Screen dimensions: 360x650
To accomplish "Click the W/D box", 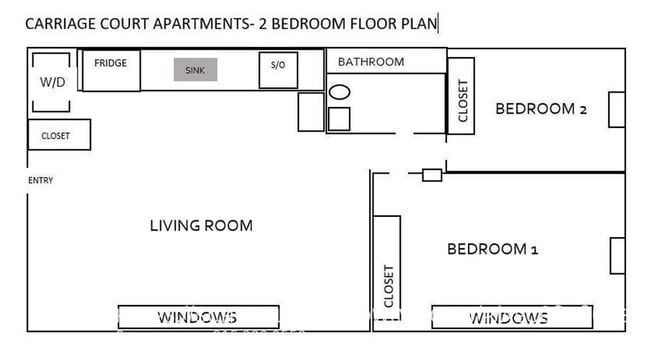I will point(53,82).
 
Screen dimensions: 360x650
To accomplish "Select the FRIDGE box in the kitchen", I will point(111,69).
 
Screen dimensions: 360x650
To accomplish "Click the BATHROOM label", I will point(371,62).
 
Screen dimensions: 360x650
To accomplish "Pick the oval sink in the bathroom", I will point(340,93).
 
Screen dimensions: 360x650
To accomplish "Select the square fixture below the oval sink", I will point(340,119).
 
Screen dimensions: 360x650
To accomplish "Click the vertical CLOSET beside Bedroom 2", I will point(462,102).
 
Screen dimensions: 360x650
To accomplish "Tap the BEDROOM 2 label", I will point(541,109).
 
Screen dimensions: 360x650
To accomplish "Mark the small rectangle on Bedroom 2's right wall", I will point(617,110).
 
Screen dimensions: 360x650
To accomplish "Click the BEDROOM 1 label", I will point(492,249).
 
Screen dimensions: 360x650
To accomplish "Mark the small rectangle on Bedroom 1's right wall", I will point(617,255).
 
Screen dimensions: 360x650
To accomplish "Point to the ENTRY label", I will point(41,181).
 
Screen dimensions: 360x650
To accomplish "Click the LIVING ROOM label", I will point(201,225).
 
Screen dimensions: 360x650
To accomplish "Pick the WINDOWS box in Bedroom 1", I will point(509,318).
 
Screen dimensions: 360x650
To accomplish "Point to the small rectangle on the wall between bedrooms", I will point(432,175).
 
